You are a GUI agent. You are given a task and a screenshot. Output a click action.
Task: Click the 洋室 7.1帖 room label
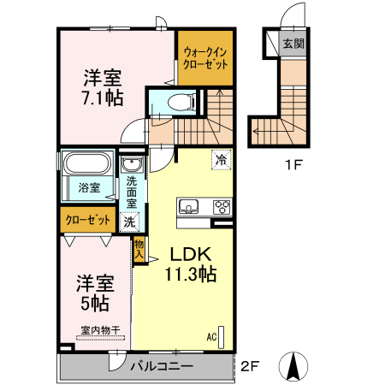[102, 86]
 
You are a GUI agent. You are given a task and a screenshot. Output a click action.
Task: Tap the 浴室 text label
[89, 187]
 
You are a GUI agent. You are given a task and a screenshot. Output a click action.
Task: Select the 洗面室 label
[132, 192]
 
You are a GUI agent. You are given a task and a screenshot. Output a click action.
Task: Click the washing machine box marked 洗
[128, 222]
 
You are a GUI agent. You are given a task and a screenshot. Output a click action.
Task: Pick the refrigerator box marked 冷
[221, 159]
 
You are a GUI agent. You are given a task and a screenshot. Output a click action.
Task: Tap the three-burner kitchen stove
[221, 206]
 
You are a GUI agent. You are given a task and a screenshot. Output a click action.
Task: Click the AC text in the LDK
[210, 336]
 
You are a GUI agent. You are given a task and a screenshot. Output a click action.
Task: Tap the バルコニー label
[161, 367]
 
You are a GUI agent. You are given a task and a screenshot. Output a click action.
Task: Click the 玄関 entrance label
[293, 44]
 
